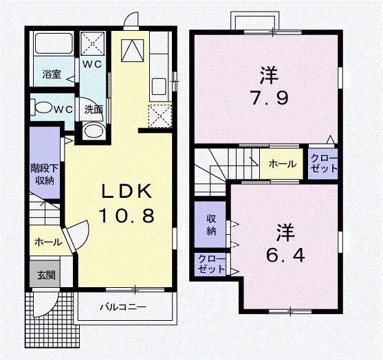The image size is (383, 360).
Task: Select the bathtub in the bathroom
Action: (x=53, y=47)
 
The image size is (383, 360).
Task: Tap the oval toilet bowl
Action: (x=45, y=108)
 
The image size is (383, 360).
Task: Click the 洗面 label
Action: (x=94, y=109)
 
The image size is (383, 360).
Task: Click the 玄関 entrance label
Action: (x=45, y=275)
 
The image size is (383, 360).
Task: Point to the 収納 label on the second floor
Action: (x=211, y=225)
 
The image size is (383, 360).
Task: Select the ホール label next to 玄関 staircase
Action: (x=47, y=242)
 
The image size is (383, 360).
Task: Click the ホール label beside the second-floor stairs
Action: (x=282, y=164)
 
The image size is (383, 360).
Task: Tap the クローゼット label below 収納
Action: (x=209, y=264)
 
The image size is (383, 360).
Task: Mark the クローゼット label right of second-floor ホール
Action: (x=322, y=164)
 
